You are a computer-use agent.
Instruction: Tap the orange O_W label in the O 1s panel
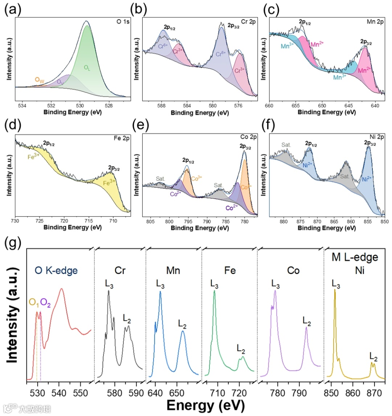(x=39, y=80)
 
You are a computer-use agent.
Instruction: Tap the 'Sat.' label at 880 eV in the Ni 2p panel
(x=286, y=145)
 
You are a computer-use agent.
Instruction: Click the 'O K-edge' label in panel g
(x=56, y=270)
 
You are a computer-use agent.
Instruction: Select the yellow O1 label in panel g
(x=34, y=302)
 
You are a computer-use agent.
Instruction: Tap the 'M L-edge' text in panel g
(x=355, y=258)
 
